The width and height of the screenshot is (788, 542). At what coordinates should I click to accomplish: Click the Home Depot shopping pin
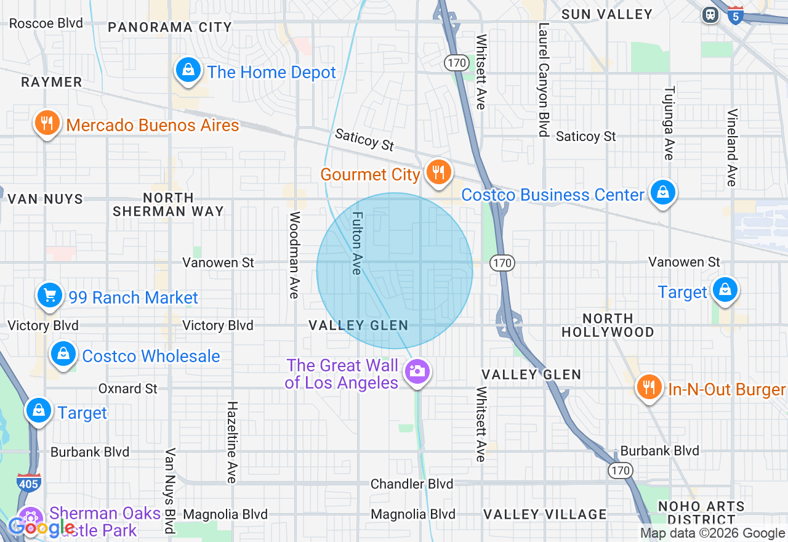[188, 71]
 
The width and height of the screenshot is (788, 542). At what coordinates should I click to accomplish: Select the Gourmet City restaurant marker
[438, 172]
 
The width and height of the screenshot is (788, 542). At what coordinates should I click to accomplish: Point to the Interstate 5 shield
[734, 15]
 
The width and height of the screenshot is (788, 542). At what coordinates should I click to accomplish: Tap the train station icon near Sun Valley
[710, 14]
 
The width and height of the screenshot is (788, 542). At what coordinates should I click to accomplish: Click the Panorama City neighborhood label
[170, 27]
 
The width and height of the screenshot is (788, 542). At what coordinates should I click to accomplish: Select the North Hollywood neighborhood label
[608, 325]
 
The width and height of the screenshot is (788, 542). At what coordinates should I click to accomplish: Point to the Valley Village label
[545, 514]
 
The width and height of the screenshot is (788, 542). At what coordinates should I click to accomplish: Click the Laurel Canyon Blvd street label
[543, 80]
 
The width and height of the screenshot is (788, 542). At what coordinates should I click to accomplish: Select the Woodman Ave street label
[295, 255]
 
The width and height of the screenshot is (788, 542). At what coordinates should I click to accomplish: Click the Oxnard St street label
[128, 389]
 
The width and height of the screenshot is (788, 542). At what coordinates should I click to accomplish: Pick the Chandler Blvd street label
[412, 484]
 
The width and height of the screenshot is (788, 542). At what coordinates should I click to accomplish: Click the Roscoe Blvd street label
[46, 23]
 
